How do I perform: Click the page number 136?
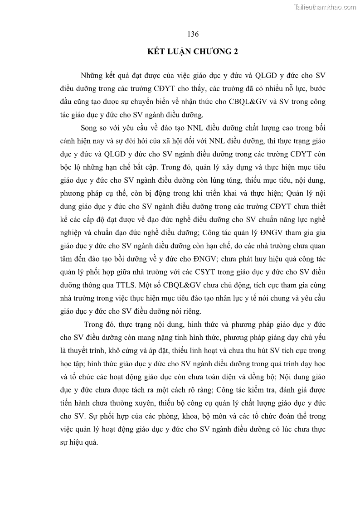tap(193, 34)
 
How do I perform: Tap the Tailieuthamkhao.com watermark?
tap(325, 7)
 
